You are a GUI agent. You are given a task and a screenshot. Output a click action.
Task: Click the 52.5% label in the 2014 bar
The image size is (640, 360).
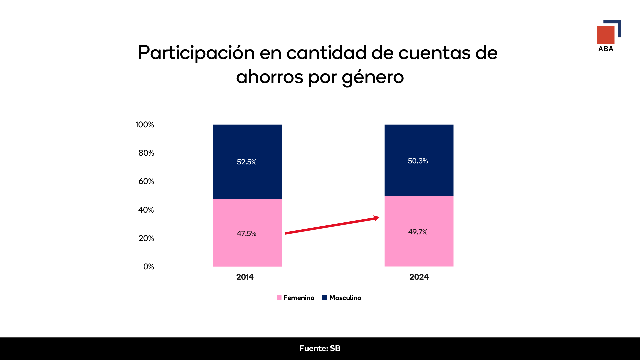tap(247, 162)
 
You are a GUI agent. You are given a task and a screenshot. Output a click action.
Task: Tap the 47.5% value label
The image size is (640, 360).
tap(247, 234)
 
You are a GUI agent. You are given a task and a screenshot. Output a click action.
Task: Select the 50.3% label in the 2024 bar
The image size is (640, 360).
tap(418, 161)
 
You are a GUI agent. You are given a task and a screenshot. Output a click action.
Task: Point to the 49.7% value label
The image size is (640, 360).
tap(418, 232)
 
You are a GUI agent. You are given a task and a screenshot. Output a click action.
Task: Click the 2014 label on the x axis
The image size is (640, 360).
tap(245, 277)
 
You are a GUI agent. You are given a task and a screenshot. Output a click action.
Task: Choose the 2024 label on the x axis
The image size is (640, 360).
tap(419, 277)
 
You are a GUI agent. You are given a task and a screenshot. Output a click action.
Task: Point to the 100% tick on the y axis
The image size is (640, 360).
tap(145, 125)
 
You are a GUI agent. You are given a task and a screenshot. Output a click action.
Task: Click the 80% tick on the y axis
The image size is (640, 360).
tap(146, 153)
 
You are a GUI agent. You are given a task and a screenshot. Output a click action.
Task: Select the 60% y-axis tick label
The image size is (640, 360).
tap(146, 181)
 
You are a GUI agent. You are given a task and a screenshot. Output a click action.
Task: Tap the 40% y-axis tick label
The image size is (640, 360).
tap(146, 210)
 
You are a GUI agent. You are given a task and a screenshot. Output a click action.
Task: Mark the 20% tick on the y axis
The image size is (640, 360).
tap(146, 238)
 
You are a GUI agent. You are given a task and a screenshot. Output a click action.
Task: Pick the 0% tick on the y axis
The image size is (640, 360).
tap(149, 267)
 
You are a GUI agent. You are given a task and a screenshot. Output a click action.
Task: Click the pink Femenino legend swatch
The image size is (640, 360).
tap(279, 298)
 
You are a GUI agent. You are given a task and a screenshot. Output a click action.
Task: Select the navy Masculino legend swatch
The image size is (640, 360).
tap(324, 298)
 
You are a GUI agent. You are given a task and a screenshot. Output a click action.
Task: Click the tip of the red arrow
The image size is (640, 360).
tap(379, 218)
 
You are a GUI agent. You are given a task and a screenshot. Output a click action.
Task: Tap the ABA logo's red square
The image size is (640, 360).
tap(605, 35)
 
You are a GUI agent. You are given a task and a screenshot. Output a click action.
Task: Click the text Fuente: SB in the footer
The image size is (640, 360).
tap(320, 348)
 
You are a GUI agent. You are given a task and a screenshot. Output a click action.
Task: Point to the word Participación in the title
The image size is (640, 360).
tap(196, 53)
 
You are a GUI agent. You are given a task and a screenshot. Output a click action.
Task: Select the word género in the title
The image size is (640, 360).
tap(373, 77)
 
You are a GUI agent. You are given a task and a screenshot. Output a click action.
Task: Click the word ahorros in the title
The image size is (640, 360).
tap(270, 77)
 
